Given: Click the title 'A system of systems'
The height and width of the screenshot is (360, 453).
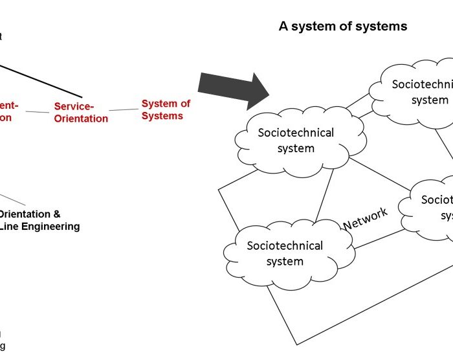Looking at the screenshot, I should [x=343, y=27].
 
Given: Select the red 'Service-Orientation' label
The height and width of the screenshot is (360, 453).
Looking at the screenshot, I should [x=81, y=112].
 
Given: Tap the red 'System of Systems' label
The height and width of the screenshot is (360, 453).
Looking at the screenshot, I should [x=166, y=110].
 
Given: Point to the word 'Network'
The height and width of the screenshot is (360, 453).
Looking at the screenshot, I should [x=366, y=219].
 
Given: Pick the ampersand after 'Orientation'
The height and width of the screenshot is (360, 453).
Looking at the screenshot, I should [x=58, y=214].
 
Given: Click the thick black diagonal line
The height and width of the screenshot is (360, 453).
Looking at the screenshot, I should [x=39, y=80].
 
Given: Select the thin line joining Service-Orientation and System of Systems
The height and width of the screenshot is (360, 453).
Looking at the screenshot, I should [x=125, y=110].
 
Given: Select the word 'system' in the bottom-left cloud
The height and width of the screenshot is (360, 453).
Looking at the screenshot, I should [x=285, y=262].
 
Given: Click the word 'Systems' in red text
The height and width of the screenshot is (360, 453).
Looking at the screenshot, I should [x=162, y=117].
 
